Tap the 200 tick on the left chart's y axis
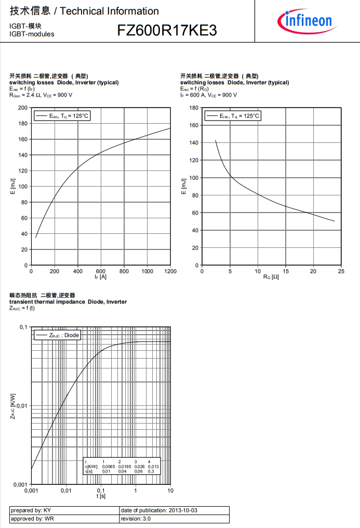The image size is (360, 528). point(23,108)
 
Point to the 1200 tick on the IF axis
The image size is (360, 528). point(170,271)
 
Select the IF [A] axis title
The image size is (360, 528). point(100,278)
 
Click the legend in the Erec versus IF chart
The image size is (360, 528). point(62,116)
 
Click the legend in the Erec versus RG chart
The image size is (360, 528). point(232,116)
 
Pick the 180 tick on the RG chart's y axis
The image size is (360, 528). point(194,108)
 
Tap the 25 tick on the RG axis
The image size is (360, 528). point(341,271)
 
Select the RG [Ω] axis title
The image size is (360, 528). point(271,278)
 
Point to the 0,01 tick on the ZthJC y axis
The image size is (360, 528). point(21,406)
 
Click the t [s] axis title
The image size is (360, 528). point(101,497)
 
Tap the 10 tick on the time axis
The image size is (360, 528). point(170,491)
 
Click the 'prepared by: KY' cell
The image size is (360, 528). point(64,510)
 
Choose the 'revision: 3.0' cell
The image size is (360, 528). point(174,519)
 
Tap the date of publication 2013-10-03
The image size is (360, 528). point(174,510)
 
